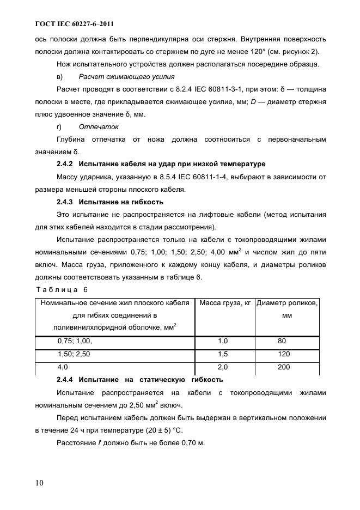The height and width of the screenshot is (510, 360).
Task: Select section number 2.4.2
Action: click(x=65, y=163)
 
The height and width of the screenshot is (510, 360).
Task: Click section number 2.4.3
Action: click(x=65, y=202)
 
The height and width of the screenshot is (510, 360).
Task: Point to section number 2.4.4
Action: click(x=65, y=379)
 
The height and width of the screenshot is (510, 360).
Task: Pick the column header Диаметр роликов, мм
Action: click(x=287, y=308)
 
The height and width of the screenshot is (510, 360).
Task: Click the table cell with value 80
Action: click(x=282, y=341)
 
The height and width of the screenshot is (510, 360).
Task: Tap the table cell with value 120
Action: click(x=283, y=354)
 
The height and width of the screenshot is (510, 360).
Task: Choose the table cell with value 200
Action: click(x=283, y=368)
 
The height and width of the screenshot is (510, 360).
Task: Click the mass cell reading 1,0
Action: click(x=223, y=341)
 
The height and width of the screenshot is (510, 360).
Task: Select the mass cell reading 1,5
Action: click(x=223, y=354)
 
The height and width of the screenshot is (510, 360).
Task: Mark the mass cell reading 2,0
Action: click(x=223, y=368)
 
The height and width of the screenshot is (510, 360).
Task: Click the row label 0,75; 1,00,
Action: click(x=75, y=341)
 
